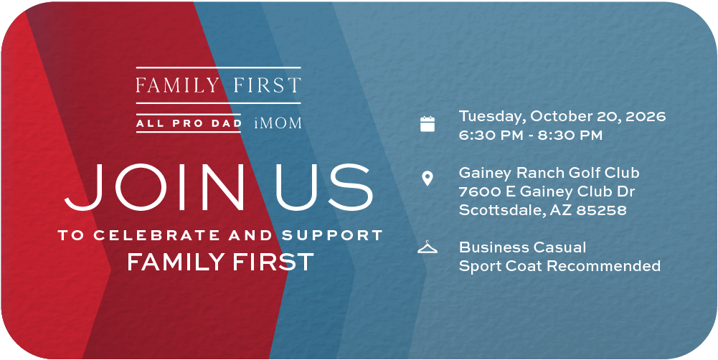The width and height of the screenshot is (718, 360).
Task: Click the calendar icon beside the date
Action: click(x=428, y=124)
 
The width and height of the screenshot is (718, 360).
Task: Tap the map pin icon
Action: click(x=428, y=178)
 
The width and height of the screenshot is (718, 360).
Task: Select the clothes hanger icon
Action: click(x=428, y=247)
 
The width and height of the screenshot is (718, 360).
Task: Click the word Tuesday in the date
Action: click(x=492, y=117)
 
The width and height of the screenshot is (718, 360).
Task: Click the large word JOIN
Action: click(x=154, y=187)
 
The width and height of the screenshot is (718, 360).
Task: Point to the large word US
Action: click(x=324, y=187)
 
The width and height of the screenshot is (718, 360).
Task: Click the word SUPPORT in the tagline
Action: click(x=332, y=235)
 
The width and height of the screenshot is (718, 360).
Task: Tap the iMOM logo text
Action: click(x=278, y=123)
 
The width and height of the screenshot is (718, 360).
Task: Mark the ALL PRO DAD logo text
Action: click(x=188, y=123)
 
